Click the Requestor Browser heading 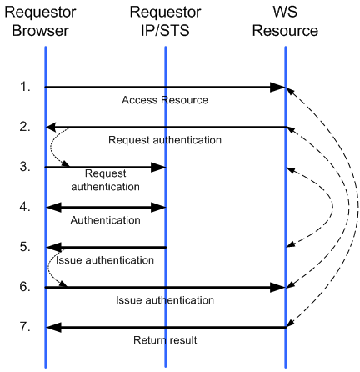click(x=40, y=22)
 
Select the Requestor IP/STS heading click(x=165, y=22)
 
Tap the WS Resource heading click(x=285, y=22)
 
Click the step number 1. click(x=25, y=87)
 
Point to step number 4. click(x=25, y=207)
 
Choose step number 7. click(x=25, y=327)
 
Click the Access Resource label click(x=165, y=100)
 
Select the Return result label click(x=165, y=340)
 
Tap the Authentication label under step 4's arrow click(x=105, y=220)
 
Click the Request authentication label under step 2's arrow click(x=165, y=140)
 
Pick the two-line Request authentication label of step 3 click(x=105, y=180)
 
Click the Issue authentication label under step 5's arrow click(x=105, y=260)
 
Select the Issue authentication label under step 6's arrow click(x=165, y=300)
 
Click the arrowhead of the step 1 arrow click(x=277, y=88)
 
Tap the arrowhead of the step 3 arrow click(x=158, y=168)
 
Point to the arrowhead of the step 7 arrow click(x=53, y=328)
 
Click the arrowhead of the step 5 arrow click(x=53, y=248)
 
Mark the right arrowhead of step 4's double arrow click(x=158, y=208)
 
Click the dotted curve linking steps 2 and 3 click(x=51, y=148)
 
